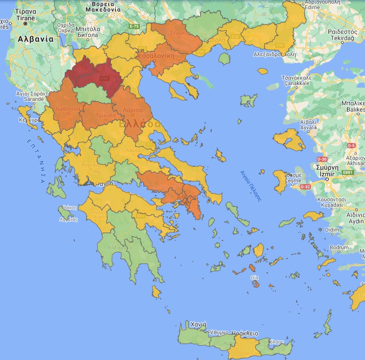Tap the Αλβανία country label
tap(35, 39)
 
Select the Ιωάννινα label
tap(68, 109)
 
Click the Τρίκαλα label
tap(106, 115)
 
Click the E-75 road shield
tap(134, 27)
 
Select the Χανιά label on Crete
tap(198, 324)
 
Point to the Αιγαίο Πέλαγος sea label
tap(252, 185)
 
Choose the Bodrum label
tap(340, 247)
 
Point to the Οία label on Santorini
tap(255, 277)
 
